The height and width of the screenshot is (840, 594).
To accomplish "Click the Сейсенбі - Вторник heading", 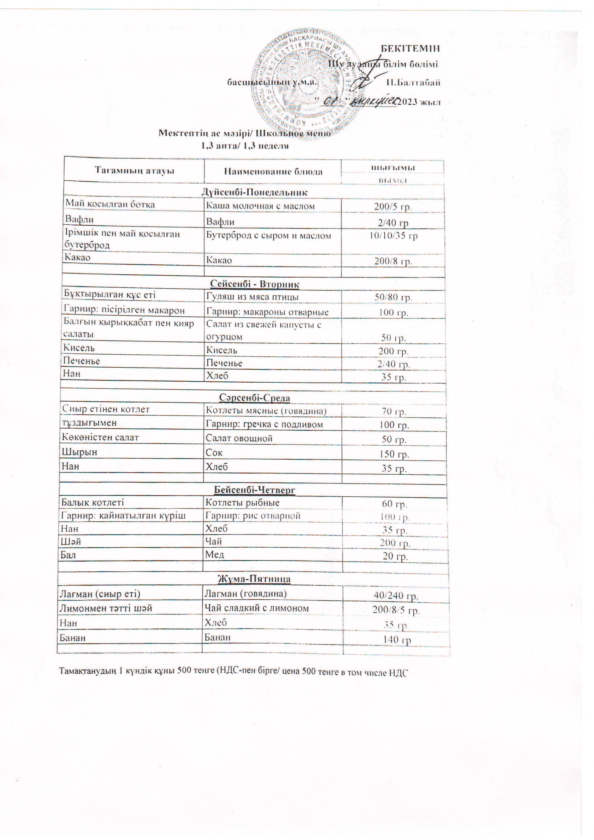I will coord(255,284).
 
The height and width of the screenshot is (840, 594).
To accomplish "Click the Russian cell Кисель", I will coord(222,350).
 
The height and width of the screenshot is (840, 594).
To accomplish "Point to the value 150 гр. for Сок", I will coord(394,454).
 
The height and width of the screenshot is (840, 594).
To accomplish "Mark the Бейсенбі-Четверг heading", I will coord(254,490).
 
